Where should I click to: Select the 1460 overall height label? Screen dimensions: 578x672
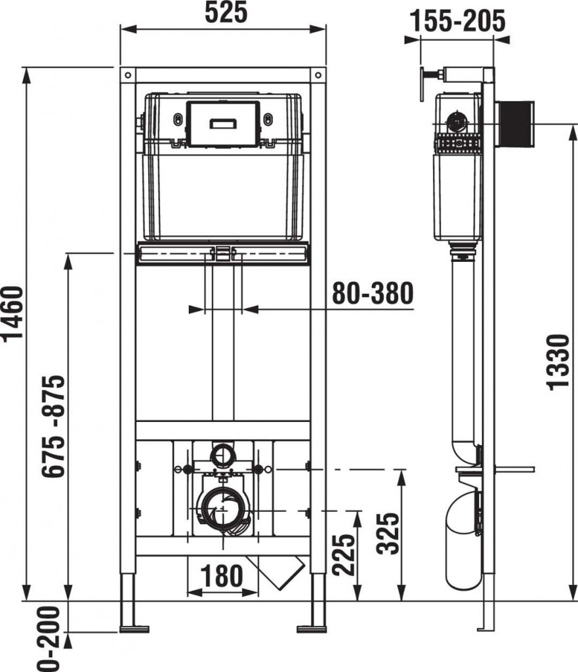tap(12, 313)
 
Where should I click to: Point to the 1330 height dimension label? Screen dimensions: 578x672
tap(559, 362)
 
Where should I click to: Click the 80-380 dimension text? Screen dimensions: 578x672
tap(373, 293)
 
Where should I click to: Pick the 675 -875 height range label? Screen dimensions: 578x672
tap(54, 426)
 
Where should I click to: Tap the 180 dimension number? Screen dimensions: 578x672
tap(222, 576)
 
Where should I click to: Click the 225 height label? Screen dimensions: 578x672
tap(344, 555)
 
